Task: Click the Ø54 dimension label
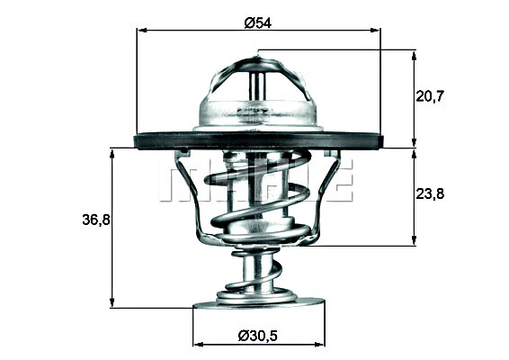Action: (257, 22)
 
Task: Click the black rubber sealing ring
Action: (258, 141)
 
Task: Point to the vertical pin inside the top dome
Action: (257, 85)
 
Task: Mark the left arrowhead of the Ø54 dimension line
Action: (141, 30)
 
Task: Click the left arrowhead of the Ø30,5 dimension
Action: (198, 343)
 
